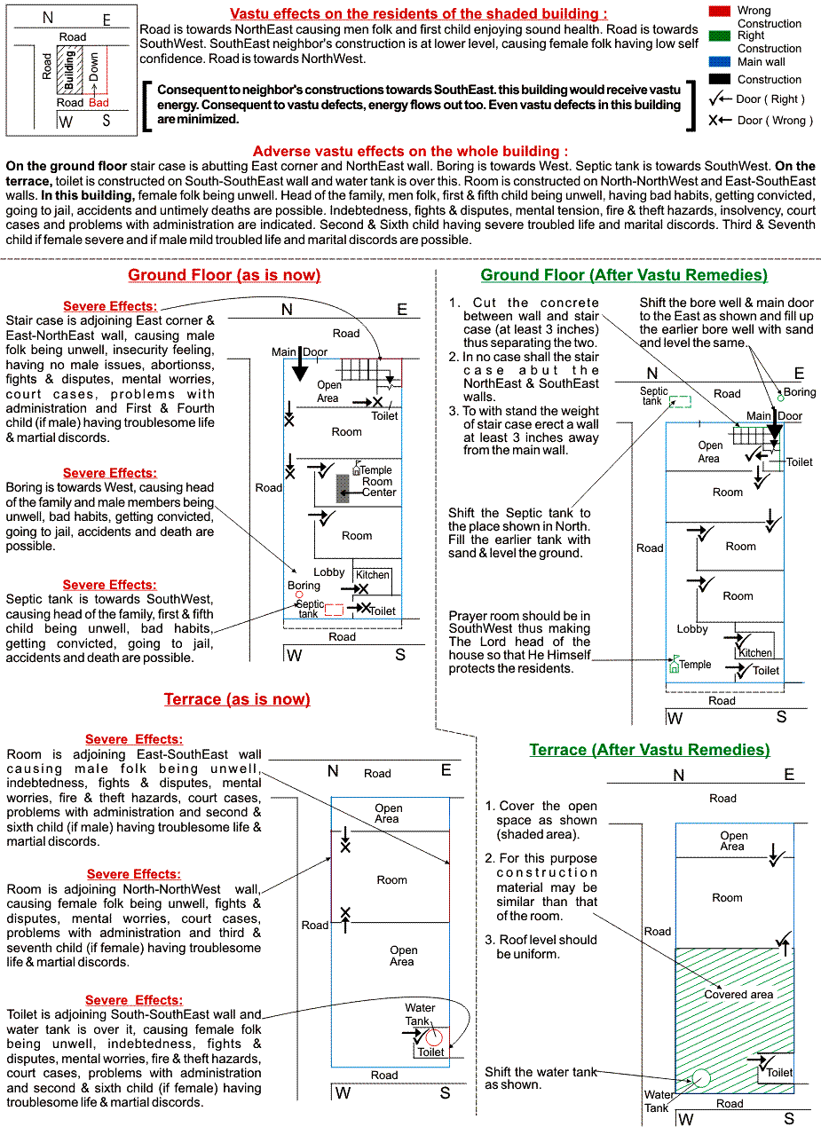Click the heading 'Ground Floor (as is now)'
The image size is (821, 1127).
pos(224,275)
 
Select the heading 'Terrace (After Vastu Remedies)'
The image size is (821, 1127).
pos(650,750)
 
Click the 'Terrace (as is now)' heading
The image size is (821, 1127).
pos(237,699)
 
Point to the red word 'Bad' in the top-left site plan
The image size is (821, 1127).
pos(99,103)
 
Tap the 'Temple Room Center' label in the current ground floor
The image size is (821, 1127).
pos(377,481)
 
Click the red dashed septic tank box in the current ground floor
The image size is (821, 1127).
pos(334,610)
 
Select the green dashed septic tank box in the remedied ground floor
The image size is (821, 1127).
pos(680,401)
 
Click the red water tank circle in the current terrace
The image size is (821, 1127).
pos(433,1036)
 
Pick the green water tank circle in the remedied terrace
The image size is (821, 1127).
pos(701,1078)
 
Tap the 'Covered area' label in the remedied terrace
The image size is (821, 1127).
pos(738,995)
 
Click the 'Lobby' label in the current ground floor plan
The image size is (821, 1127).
pos(328,572)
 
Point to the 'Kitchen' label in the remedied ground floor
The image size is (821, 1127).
pos(755,653)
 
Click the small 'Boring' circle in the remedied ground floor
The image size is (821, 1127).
pos(780,398)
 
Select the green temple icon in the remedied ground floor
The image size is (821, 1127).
pos(674,664)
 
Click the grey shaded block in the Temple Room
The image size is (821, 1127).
pos(343,489)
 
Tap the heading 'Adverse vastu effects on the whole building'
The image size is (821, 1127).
pos(410,152)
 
